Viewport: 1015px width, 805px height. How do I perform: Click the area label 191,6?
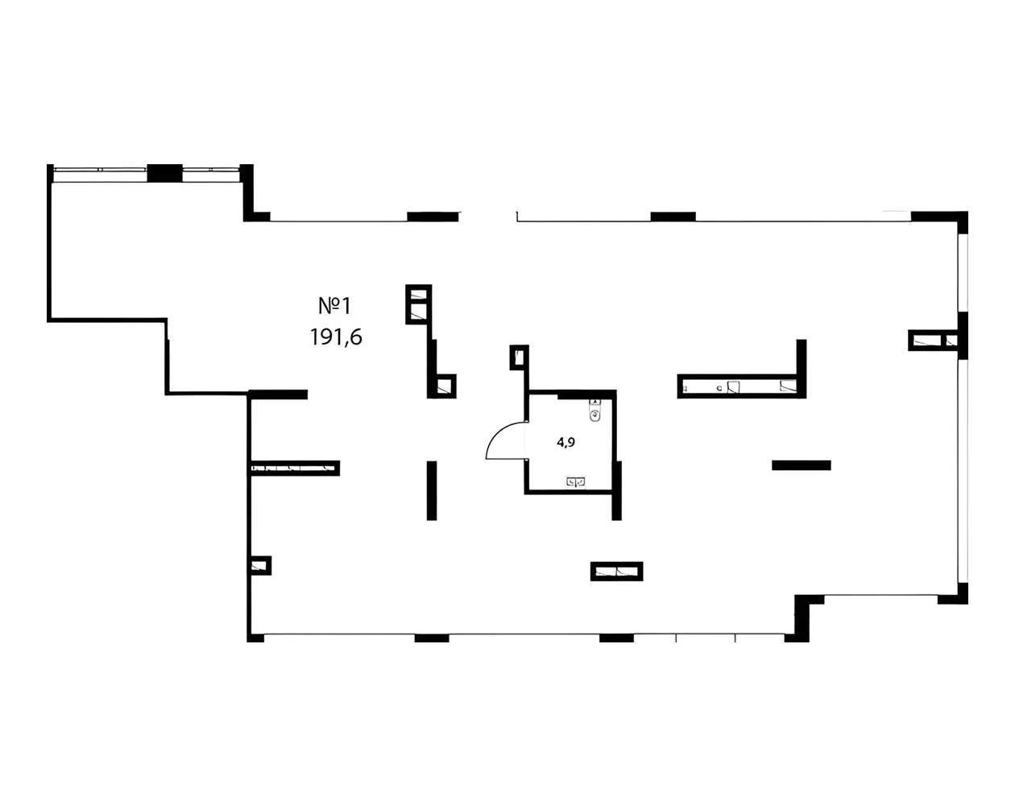(x=336, y=337)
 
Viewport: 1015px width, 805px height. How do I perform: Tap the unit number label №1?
(x=336, y=306)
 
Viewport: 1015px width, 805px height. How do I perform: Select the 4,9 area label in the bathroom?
(x=565, y=441)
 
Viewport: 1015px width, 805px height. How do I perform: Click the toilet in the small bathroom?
(x=594, y=414)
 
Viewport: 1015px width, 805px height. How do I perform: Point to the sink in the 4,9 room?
(x=576, y=481)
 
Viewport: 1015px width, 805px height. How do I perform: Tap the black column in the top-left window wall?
(x=164, y=172)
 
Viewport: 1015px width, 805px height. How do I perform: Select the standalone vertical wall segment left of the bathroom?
(x=432, y=490)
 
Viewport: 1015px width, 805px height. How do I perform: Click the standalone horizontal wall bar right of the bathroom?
(x=801, y=464)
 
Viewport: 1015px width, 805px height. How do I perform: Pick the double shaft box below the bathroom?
(x=617, y=572)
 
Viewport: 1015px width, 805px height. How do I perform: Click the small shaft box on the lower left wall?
(x=260, y=566)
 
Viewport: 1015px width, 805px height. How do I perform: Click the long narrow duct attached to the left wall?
(x=294, y=468)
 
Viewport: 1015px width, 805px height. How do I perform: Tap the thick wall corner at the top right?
(x=941, y=217)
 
